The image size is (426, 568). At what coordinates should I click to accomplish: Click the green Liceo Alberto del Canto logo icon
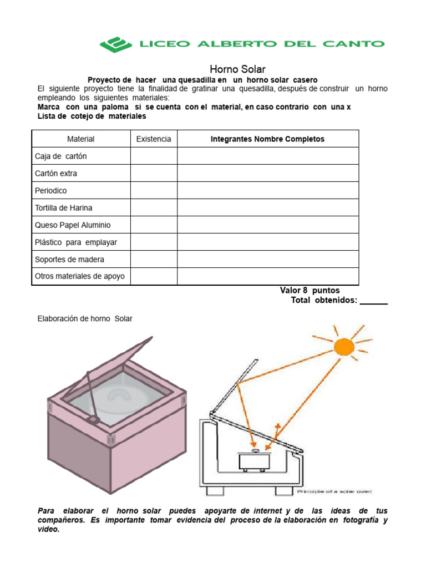click(x=115, y=44)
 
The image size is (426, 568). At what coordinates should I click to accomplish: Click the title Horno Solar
click(x=237, y=69)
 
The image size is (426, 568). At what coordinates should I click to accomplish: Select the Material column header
click(x=81, y=139)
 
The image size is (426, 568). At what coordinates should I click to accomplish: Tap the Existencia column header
click(x=154, y=139)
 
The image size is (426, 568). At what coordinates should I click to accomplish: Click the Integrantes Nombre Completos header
click(x=267, y=139)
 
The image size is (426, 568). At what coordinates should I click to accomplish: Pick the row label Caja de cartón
click(x=61, y=156)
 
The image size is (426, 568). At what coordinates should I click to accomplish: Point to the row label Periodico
click(x=51, y=190)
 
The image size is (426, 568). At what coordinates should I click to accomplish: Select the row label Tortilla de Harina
click(x=64, y=207)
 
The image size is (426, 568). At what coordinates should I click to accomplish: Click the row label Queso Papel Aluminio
click(x=73, y=225)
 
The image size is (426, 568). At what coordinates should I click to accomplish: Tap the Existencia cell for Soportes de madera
click(x=154, y=259)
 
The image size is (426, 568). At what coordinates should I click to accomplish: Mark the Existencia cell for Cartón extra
click(x=154, y=173)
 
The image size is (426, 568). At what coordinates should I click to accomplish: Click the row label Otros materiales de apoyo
click(x=80, y=276)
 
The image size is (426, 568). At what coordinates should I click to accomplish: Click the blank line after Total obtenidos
click(x=373, y=301)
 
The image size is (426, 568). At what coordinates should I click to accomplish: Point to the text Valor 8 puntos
click(x=310, y=290)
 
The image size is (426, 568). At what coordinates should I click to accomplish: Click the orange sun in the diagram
click(x=343, y=347)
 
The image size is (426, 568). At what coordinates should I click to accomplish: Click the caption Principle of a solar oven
click(x=334, y=491)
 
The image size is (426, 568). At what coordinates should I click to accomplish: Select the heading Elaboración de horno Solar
click(x=85, y=318)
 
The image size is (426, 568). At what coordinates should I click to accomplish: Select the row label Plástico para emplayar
click(x=76, y=242)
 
